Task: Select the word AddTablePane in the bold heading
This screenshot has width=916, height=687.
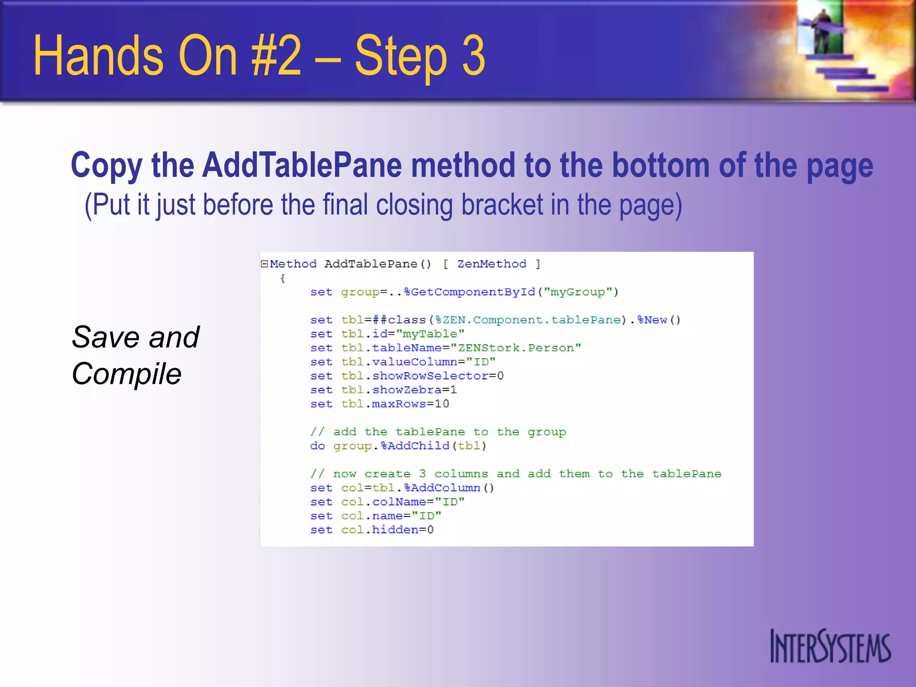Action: coord(302,165)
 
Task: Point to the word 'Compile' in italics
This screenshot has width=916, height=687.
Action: coord(126,374)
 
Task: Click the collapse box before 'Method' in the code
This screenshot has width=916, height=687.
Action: coord(264,264)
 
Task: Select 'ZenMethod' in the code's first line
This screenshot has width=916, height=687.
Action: coord(492,264)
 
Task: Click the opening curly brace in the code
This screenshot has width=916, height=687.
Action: coord(282,278)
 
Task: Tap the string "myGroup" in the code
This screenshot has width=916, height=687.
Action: coord(577,292)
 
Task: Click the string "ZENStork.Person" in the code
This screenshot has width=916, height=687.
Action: coord(515,348)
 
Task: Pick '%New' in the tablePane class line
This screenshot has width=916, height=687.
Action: coord(652,320)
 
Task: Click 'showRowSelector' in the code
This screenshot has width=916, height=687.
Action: coord(430,376)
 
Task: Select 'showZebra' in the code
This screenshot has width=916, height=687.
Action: coord(407,390)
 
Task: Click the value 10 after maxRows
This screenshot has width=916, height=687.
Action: coord(442,404)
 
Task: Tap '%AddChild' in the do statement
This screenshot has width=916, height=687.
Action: coord(415,446)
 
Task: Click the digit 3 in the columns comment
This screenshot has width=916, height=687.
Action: coord(422,474)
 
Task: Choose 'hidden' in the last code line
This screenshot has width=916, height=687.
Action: coord(395,530)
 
